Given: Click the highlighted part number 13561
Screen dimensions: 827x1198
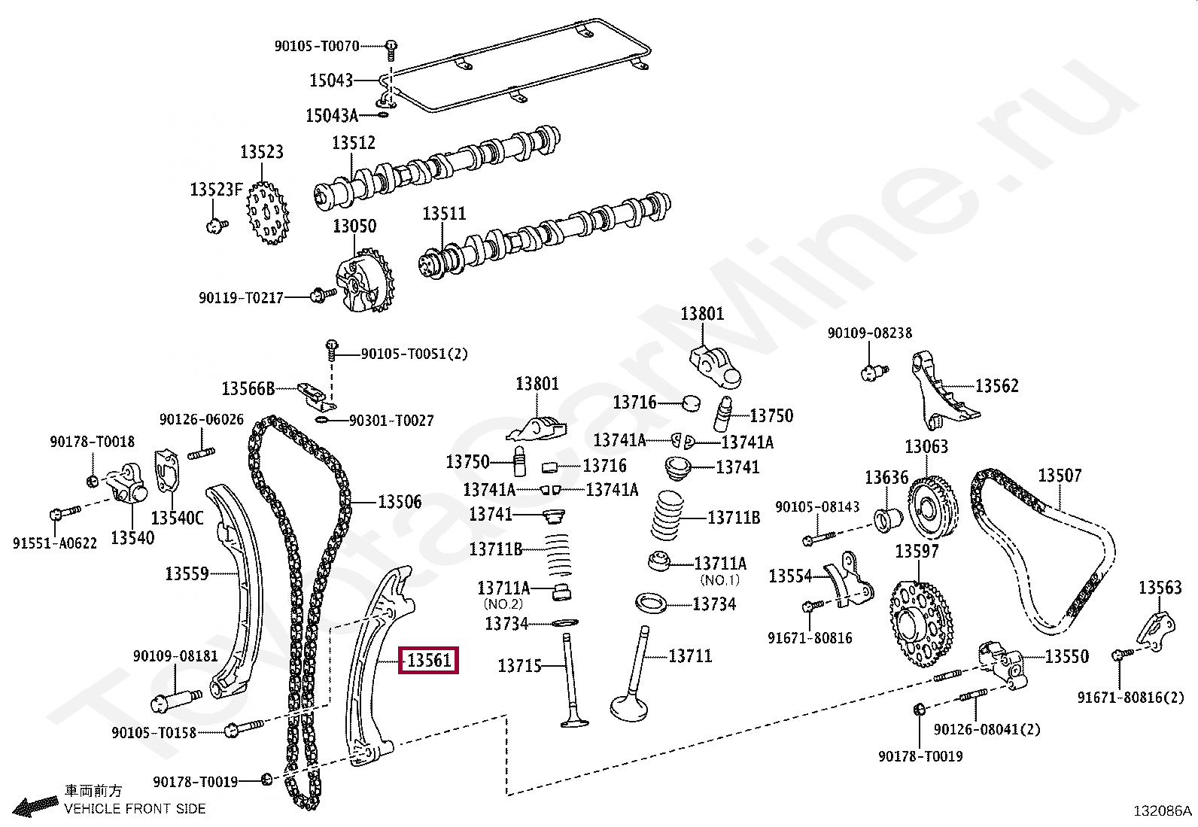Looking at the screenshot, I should click(x=428, y=661).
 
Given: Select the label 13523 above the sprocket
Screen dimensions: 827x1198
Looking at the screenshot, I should click(x=261, y=152).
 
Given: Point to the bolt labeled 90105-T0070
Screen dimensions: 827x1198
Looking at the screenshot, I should click(x=391, y=47).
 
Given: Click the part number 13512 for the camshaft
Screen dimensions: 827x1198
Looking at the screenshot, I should click(x=354, y=143).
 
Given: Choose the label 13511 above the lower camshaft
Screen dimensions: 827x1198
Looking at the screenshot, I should click(x=443, y=214).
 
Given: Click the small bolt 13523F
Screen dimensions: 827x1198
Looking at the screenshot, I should click(x=216, y=224).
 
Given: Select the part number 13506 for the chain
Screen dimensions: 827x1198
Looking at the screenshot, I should click(x=400, y=502).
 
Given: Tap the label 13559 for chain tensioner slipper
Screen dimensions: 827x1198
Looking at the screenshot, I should click(x=187, y=574).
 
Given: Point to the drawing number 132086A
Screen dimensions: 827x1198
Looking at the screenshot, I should click(x=1162, y=810).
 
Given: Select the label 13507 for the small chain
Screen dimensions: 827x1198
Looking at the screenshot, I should click(x=1060, y=476).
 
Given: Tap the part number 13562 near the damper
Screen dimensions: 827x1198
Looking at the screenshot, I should click(x=996, y=386).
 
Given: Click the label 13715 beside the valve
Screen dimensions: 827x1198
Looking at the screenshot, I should click(x=519, y=666).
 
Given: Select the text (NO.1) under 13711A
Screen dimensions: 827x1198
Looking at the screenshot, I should click(x=719, y=580).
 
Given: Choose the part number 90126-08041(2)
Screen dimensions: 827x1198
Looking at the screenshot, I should click(x=987, y=729).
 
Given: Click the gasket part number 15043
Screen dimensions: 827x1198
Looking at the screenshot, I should click(x=331, y=80).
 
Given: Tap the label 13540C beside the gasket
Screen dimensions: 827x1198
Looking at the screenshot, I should click(x=177, y=518).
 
